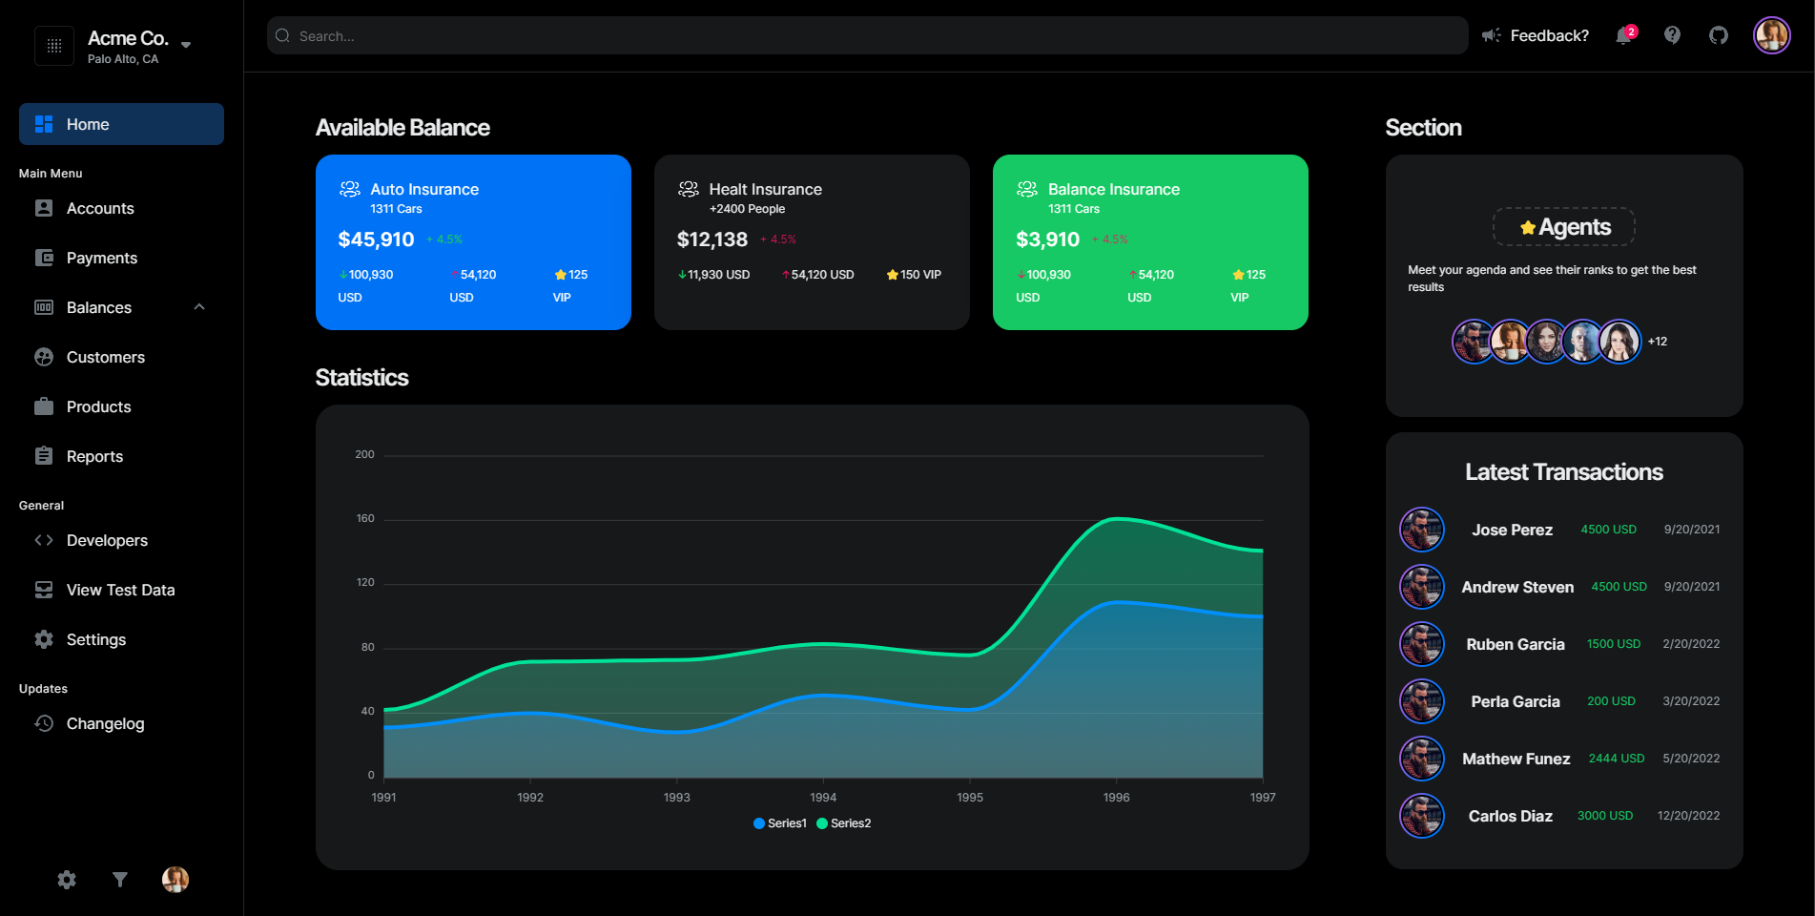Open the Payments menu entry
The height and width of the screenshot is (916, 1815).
pos(101,258)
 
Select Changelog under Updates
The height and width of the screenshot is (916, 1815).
pos(105,723)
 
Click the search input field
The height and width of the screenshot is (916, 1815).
pos(858,35)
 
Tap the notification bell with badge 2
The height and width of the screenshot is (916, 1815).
pos(1624,35)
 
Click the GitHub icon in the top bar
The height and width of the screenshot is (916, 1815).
pos(1718,35)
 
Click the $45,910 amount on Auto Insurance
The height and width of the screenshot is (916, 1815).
pos(376,239)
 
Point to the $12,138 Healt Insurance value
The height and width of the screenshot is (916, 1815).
pos(712,239)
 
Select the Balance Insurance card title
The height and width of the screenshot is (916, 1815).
pos(1113,189)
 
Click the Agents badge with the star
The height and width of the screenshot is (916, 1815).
pos(1564,227)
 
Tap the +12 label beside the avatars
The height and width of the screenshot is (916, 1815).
pos(1658,342)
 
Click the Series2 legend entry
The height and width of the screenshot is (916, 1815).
pos(844,823)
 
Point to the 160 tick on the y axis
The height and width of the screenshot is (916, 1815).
pos(365,518)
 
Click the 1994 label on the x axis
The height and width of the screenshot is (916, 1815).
pos(823,797)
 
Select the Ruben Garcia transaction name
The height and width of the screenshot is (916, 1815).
pos(1515,644)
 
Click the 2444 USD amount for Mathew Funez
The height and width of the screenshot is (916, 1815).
pos(1616,759)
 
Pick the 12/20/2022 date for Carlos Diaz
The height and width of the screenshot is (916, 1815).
pos(1688,816)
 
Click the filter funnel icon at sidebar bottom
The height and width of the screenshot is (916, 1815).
pos(120,880)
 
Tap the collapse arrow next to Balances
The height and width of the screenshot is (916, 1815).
pos(199,307)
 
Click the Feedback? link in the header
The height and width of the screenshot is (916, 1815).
pos(1549,35)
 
